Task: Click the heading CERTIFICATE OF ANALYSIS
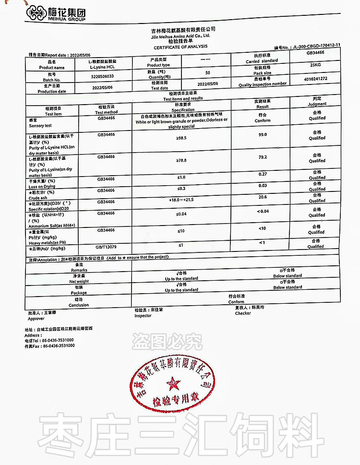click(x=180, y=47)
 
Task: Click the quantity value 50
click(x=207, y=73)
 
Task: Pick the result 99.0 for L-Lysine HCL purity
click(x=262, y=135)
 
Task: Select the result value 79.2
click(x=262, y=157)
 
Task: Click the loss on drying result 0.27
click(x=262, y=174)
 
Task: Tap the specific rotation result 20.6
click(x=262, y=197)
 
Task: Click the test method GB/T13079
click(x=106, y=246)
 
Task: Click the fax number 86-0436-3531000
click(x=58, y=346)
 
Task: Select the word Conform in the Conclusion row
click(x=236, y=302)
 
